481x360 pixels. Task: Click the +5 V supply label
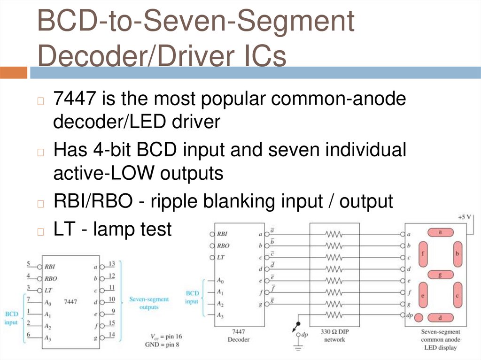tap(465, 217)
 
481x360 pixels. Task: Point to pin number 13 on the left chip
tap(112, 264)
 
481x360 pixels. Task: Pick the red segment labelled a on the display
tap(440, 232)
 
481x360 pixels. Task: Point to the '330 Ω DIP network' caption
tap(334, 336)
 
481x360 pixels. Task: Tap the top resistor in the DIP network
tap(334, 233)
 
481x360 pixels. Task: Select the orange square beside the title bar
tap(14, 72)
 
